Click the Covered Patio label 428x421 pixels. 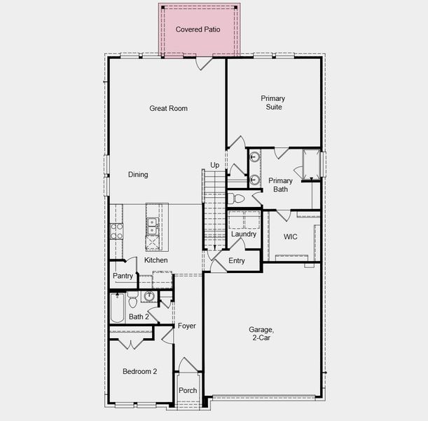click(198, 29)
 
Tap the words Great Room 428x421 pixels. click(168, 108)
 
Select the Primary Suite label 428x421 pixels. click(273, 102)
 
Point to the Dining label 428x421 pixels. click(138, 175)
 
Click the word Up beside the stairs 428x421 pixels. click(214, 166)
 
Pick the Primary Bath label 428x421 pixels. click(280, 185)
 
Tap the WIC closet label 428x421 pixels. click(290, 237)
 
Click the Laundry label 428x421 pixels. click(244, 234)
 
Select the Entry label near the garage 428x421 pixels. click(237, 261)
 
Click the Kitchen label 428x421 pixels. click(156, 260)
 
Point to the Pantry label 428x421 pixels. click(123, 276)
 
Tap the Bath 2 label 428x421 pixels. click(138, 317)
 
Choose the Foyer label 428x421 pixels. click(186, 326)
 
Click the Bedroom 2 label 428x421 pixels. click(139, 371)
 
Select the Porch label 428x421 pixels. click(188, 391)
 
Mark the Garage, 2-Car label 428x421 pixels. click(261, 334)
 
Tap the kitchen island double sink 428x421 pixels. click(152, 226)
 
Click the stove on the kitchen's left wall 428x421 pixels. click(116, 232)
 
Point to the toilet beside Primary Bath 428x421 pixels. click(237, 199)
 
